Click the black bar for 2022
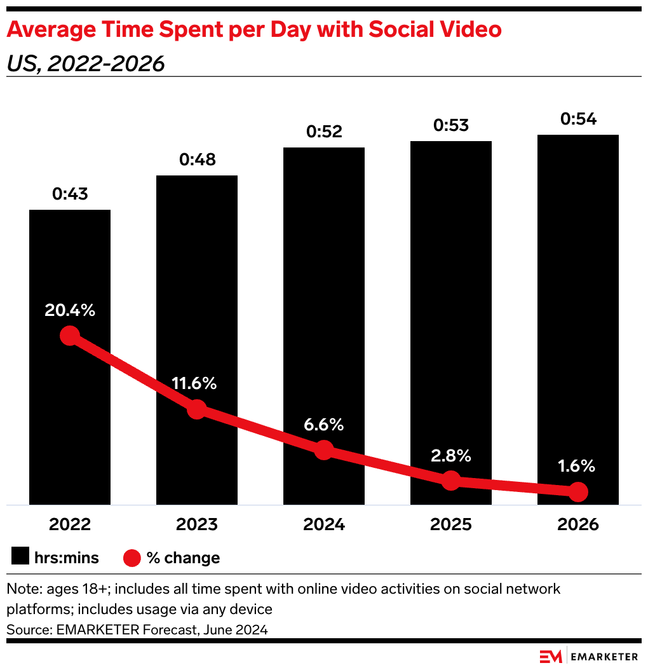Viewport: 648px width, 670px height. pos(70,267)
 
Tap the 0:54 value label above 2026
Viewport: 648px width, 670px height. pos(578,119)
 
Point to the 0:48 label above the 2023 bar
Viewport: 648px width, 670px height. pos(197,160)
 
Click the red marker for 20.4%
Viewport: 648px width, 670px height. pos(70,336)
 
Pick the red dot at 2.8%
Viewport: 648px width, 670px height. pos(451,480)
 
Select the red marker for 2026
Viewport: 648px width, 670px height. pos(578,491)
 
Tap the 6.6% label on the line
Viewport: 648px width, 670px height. pos(324,424)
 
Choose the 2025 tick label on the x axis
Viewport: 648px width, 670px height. pos(451,524)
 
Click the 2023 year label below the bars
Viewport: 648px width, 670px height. pos(197,524)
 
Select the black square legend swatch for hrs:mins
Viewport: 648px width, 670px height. pos(20,557)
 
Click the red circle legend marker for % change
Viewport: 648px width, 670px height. pos(132,557)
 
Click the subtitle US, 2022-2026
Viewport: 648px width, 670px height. pos(86,64)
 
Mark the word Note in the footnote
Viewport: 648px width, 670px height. pos(21,589)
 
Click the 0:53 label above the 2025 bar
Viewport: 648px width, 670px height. pos(451,125)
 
